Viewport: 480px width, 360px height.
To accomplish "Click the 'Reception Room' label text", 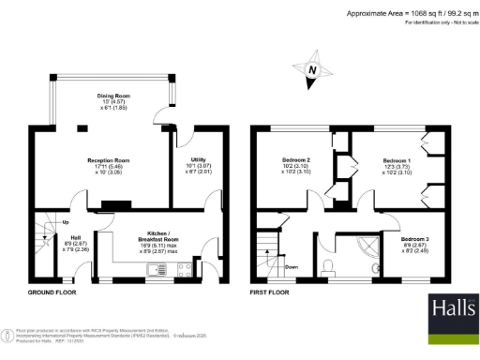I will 108,160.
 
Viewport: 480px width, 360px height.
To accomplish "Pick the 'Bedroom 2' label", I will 296,160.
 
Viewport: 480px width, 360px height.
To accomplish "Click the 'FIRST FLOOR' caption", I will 270,292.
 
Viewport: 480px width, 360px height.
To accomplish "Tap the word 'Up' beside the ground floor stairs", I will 64,222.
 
